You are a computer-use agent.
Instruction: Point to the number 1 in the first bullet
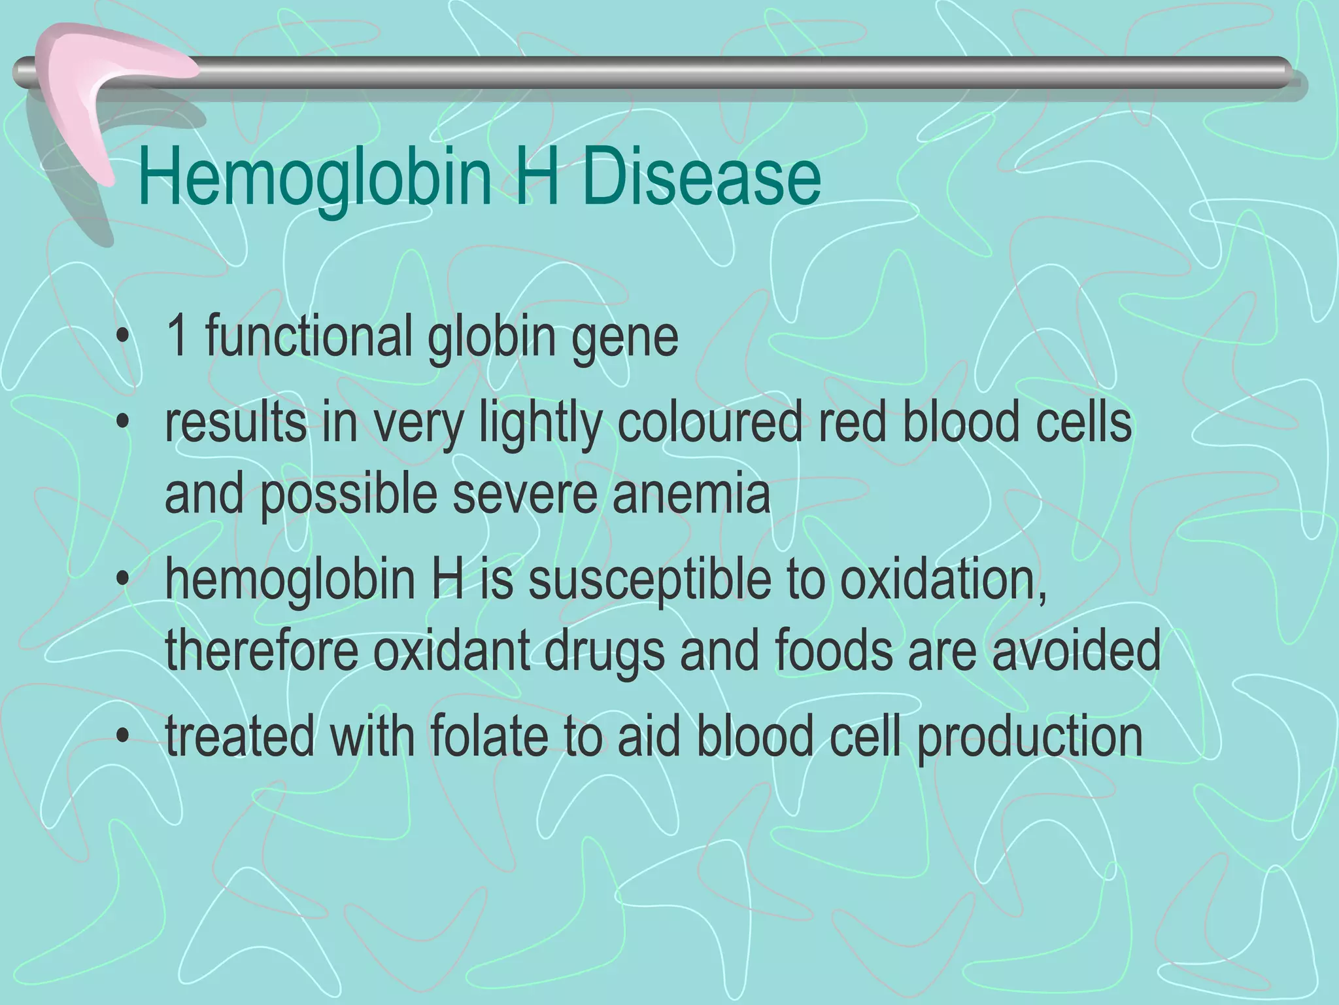177,336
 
